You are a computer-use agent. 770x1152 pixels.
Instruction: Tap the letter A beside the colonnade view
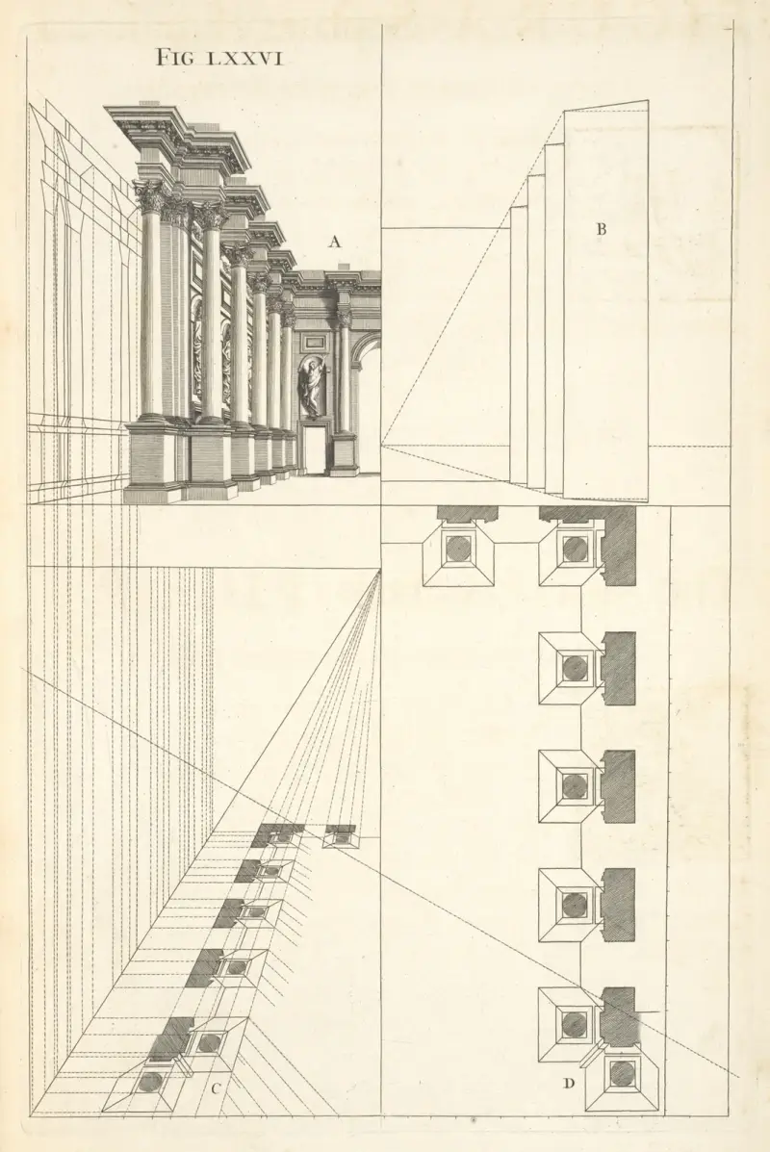click(x=335, y=241)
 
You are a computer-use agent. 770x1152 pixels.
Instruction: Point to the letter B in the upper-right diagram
click(x=601, y=229)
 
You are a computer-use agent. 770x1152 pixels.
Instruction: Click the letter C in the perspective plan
click(x=216, y=1088)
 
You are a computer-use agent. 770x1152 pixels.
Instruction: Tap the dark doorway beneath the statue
click(x=315, y=448)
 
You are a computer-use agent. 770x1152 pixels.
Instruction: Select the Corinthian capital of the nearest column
click(x=150, y=196)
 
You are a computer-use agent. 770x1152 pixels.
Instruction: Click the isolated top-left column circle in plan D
click(x=459, y=548)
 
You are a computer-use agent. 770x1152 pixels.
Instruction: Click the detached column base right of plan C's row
click(x=341, y=836)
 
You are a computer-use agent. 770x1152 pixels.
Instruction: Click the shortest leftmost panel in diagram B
click(x=519, y=346)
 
